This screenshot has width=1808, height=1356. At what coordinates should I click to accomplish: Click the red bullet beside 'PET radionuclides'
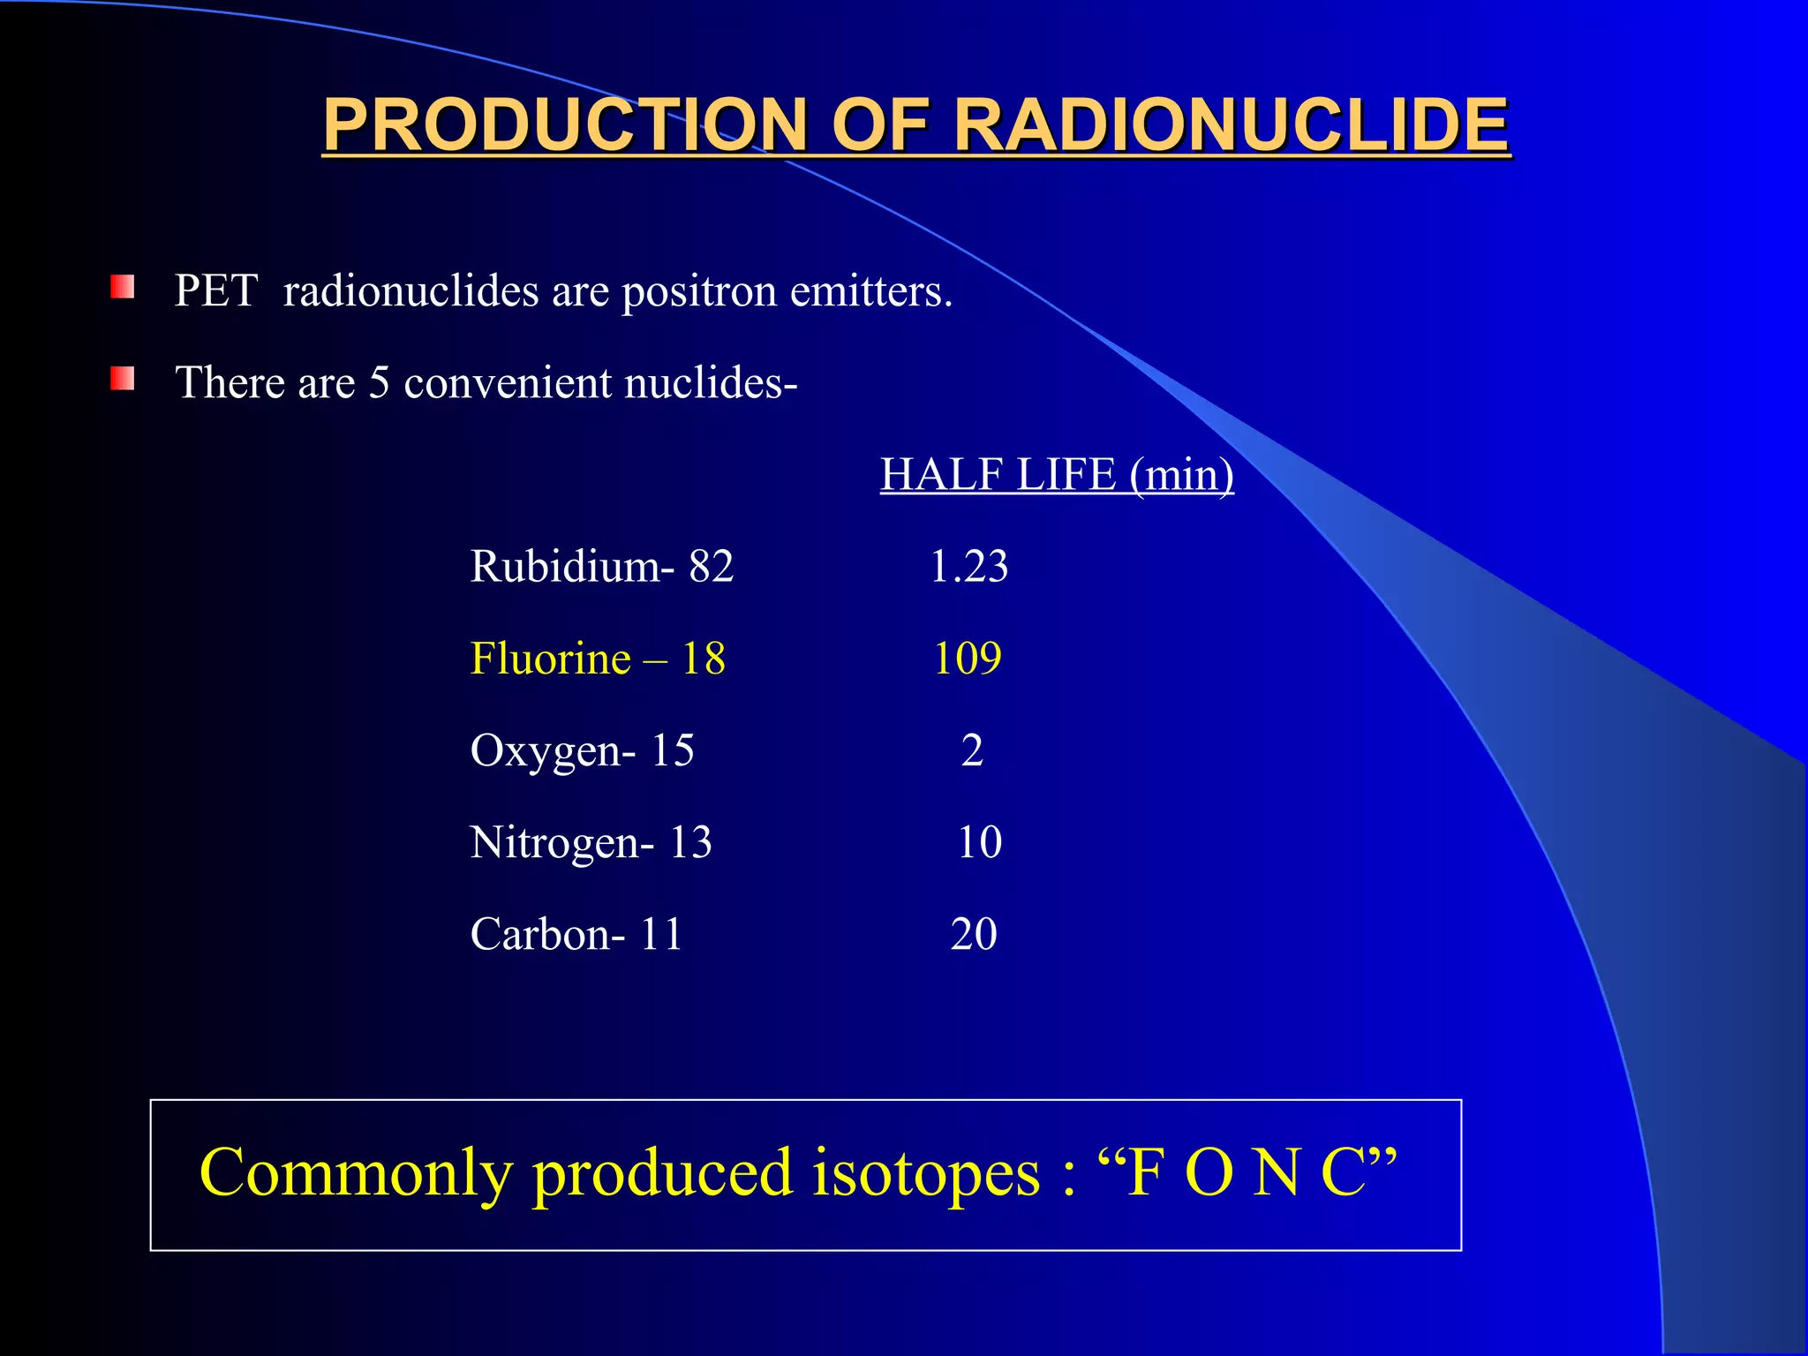123,288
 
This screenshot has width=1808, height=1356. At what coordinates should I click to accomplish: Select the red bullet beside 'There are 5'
123,380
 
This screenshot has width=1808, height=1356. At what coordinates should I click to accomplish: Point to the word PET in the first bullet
215,290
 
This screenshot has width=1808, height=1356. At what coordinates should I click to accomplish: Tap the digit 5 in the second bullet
379,383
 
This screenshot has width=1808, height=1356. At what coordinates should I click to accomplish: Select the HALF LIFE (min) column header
1057,475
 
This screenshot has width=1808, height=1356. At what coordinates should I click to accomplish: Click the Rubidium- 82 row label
602,566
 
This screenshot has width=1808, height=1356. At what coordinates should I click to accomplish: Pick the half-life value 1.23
968,566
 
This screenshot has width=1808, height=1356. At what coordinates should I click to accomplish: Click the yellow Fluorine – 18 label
598,659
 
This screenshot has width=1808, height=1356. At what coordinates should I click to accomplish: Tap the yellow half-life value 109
968,659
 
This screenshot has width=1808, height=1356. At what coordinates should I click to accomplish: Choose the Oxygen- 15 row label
582,751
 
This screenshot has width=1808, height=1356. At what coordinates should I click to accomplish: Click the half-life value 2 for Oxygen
972,750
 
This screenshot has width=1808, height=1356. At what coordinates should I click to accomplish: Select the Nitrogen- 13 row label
591,842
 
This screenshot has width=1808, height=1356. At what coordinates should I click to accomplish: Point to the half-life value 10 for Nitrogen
979,842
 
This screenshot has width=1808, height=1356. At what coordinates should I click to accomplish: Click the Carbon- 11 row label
576,934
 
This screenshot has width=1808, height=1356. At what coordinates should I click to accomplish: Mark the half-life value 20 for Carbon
974,934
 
